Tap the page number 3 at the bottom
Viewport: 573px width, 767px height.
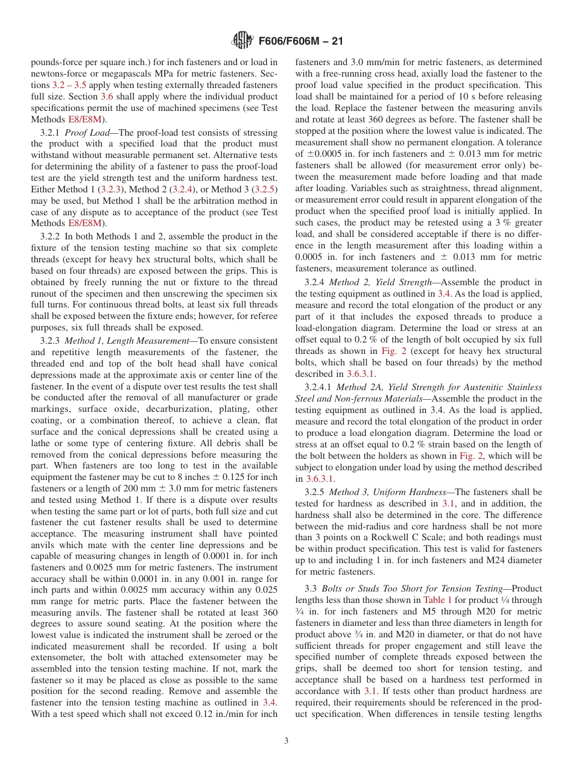(286, 740)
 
